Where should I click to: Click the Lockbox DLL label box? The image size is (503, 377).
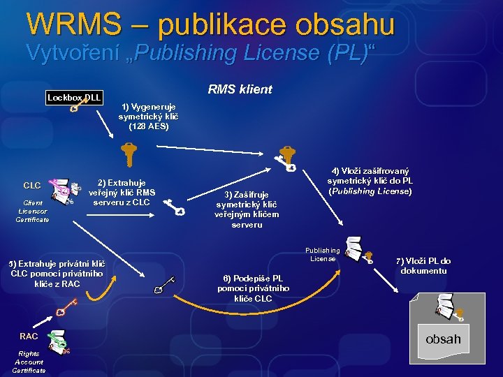[73, 97]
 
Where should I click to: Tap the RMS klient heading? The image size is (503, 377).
[240, 89]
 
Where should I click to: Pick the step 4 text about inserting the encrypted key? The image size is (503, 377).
[370, 181]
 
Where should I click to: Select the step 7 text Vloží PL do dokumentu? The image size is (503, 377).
[425, 265]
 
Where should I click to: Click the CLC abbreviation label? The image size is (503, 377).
[32, 186]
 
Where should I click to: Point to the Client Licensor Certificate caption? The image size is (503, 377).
[32, 211]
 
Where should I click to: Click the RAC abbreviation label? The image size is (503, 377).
[29, 336]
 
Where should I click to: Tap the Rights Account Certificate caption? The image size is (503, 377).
[29, 362]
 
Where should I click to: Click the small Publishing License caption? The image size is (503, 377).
[322, 254]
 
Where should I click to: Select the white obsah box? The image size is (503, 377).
[443, 339]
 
